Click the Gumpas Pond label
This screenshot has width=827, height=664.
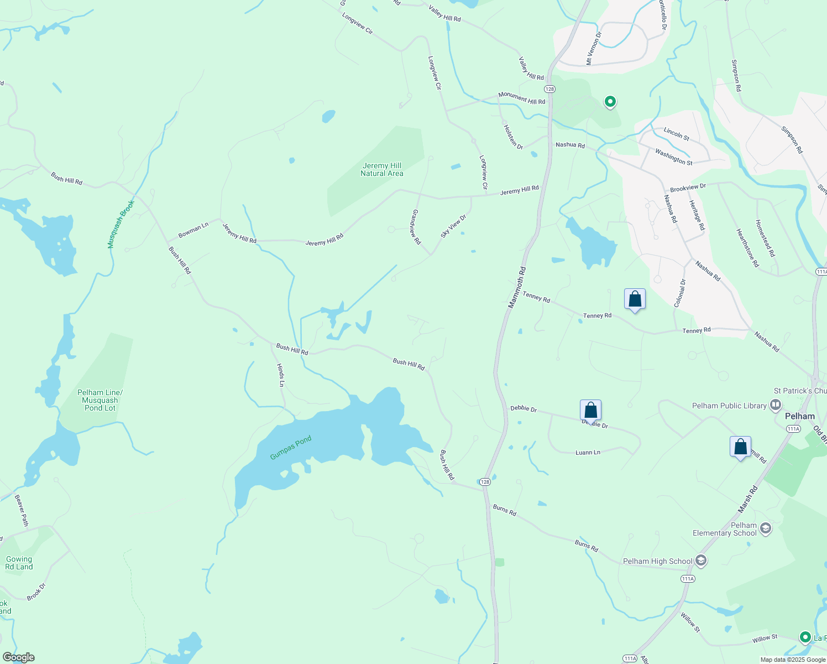[x=291, y=448]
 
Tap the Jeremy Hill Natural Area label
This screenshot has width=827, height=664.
[x=382, y=169]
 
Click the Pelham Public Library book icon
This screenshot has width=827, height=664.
[x=776, y=406]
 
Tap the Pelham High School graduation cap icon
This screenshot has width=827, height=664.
[x=701, y=561]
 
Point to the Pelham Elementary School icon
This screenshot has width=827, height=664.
[x=766, y=528]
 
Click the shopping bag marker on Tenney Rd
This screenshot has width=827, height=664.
[x=635, y=299]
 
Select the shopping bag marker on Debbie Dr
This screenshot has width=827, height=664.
[x=590, y=411]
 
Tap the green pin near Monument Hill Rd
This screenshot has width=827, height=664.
[x=610, y=102]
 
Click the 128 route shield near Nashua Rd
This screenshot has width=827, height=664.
[x=549, y=89]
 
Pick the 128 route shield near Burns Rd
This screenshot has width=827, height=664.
[x=485, y=482]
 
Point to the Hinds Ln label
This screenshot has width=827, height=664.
[x=281, y=375]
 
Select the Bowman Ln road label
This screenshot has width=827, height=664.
[x=193, y=230]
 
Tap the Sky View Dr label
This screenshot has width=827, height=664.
[x=453, y=226]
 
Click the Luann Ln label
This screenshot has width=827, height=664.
[x=588, y=453]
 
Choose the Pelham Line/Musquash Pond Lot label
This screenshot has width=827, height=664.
[x=100, y=400]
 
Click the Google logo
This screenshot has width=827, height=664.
[x=18, y=657]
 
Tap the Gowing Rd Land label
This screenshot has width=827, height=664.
[x=19, y=563]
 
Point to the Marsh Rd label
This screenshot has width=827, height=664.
[x=748, y=499]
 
